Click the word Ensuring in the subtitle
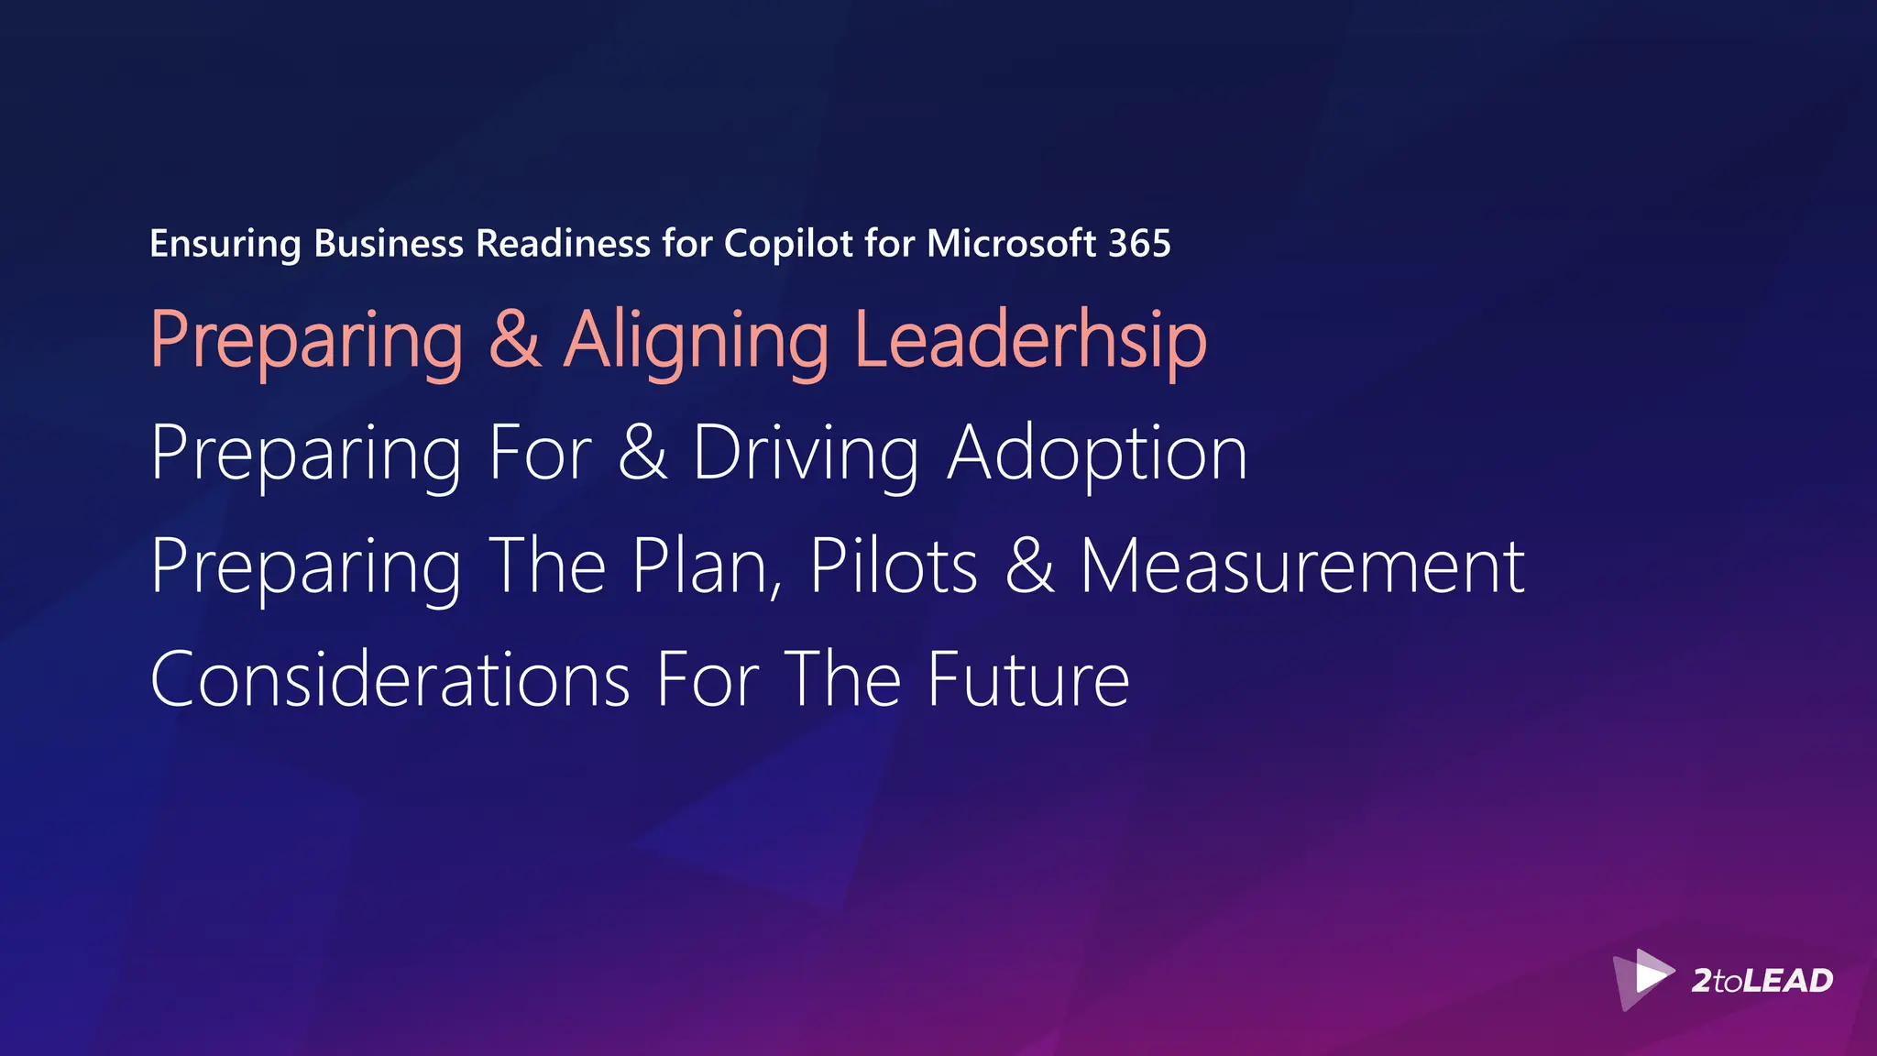225,245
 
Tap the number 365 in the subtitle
1139,244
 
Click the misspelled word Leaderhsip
1030,341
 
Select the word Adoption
1097,455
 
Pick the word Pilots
894,566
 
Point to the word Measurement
1302,566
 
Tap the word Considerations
390,680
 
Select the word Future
1028,680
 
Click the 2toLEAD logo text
1762,981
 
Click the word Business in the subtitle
389,244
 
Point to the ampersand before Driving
642,453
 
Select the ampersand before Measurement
1030,566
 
